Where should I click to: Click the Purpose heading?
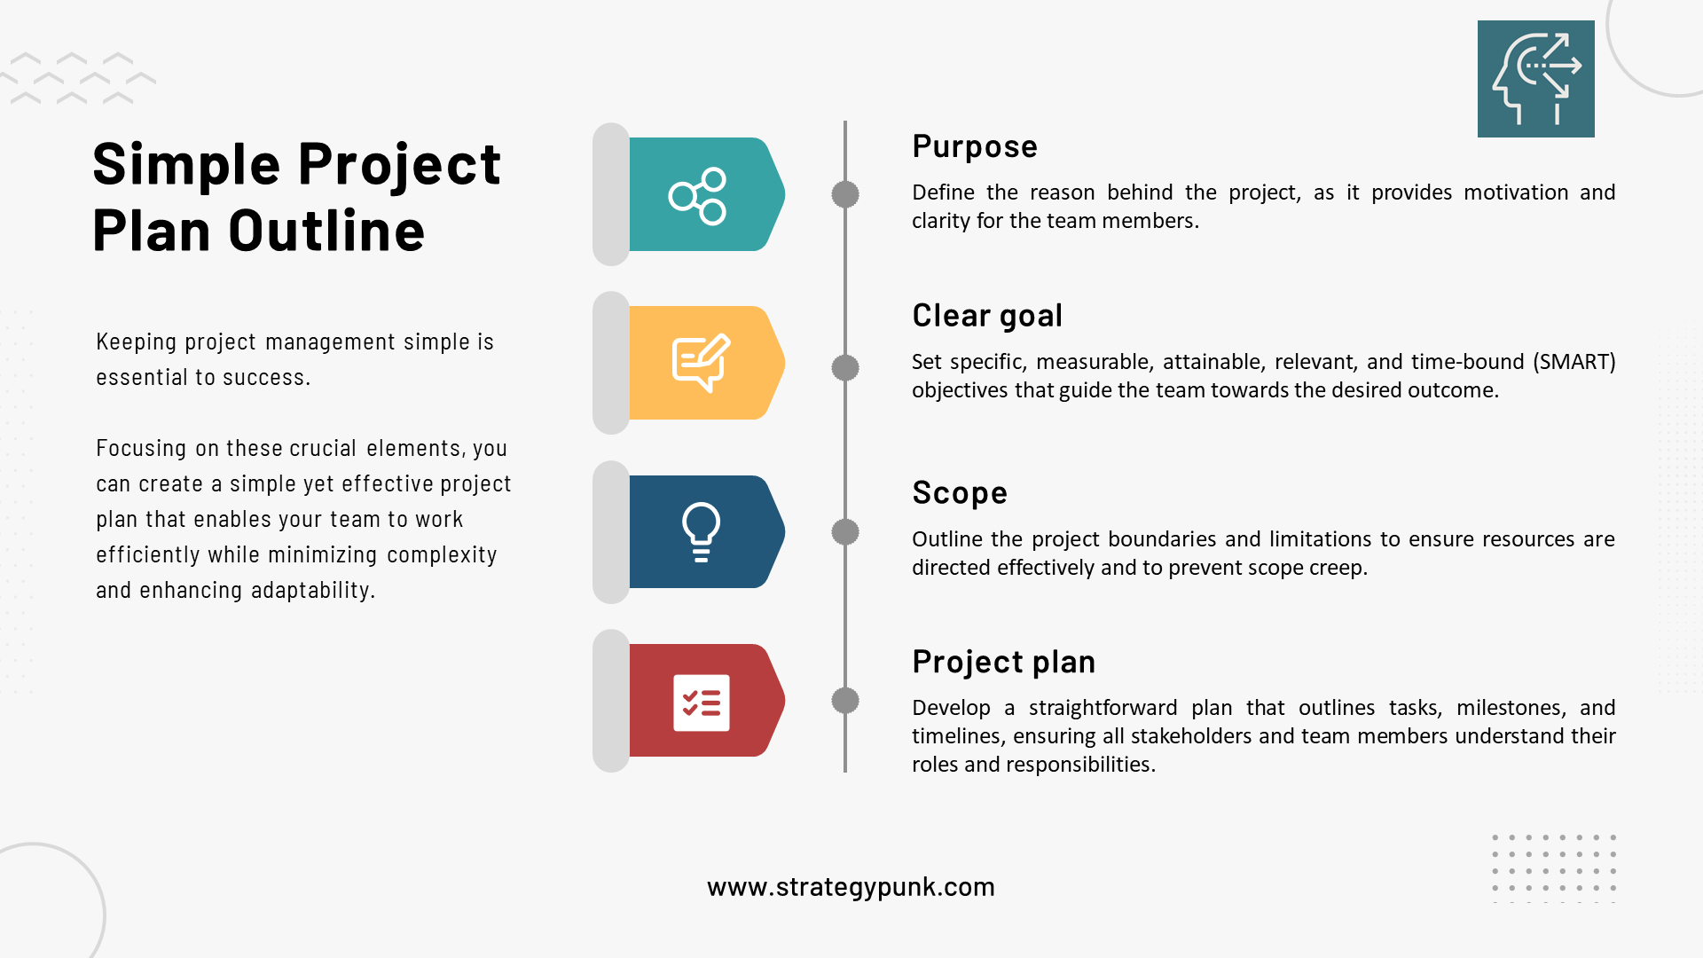[974, 146]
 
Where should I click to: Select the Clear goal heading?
[986, 316]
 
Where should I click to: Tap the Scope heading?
[959, 493]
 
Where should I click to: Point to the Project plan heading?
[1003, 662]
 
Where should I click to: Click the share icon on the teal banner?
[698, 195]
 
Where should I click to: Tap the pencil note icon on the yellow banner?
[701, 363]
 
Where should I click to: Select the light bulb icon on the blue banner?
[701, 532]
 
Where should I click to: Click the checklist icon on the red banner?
[701, 703]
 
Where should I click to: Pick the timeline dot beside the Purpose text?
[845, 194]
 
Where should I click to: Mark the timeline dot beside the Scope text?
[845, 532]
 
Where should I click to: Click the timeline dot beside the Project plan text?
[845, 701]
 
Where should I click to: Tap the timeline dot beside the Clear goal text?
[845, 367]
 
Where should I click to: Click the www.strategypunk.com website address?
[851, 887]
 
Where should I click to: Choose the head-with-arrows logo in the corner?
[1535, 79]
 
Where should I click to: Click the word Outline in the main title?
[326, 231]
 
